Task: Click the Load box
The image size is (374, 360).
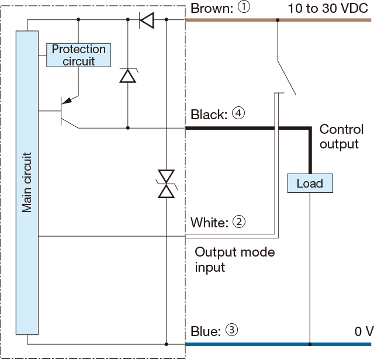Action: point(310,184)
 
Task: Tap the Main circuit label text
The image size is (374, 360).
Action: point(27,182)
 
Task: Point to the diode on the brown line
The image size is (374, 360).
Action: point(147,21)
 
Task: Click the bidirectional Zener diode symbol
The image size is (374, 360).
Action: point(167,183)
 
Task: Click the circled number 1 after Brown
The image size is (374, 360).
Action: point(244,8)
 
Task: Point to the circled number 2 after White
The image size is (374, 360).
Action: point(238,222)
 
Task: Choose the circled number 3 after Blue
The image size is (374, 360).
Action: point(231,331)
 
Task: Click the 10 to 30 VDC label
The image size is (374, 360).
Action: point(329,9)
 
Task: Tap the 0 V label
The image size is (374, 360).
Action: point(362,331)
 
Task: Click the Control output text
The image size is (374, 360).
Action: point(341,136)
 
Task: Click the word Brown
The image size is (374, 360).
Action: point(211,9)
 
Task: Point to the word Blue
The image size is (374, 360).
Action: point(205,331)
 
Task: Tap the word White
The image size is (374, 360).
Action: point(208,223)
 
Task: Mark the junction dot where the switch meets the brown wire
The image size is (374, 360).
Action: point(277,20)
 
